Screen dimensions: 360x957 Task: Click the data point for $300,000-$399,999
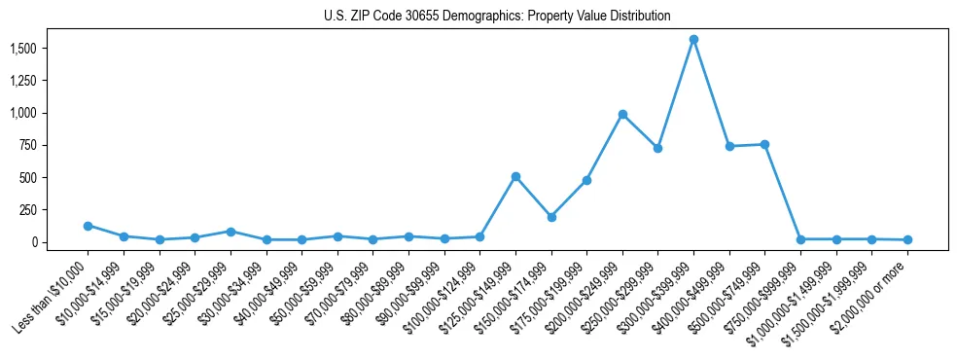coord(693,40)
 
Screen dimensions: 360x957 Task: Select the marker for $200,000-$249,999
coord(622,114)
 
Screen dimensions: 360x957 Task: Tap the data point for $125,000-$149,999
coord(515,176)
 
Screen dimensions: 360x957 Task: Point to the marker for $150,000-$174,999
coord(551,217)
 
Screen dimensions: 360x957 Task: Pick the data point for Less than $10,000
coord(88,226)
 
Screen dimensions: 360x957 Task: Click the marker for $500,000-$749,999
coord(764,144)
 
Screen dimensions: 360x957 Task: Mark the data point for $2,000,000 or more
coord(907,239)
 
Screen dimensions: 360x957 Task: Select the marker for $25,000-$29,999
coord(230,232)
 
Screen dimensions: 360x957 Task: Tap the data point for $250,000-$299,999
coord(657,148)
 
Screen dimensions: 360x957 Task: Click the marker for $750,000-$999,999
coord(800,239)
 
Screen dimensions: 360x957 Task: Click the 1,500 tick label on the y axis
coord(23,49)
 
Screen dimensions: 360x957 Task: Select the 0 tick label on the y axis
coord(33,242)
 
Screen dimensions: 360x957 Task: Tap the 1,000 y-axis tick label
coord(23,113)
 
